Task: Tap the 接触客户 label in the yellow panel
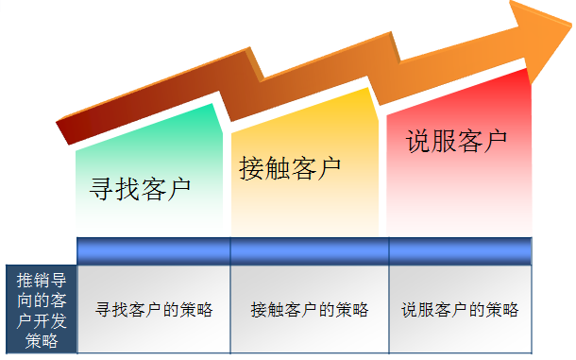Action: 290,168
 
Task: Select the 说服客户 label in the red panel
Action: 456,141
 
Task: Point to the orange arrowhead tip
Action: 568,28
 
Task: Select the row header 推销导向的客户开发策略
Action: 41,310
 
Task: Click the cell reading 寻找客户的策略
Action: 154,309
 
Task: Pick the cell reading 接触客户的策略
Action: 310,309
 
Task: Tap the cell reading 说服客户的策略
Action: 460,309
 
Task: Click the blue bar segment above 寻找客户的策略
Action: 154,250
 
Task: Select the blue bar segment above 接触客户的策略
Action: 310,250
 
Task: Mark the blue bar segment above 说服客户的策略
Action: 460,250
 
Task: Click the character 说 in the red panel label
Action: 417,141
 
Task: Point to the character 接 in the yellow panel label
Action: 251,168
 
